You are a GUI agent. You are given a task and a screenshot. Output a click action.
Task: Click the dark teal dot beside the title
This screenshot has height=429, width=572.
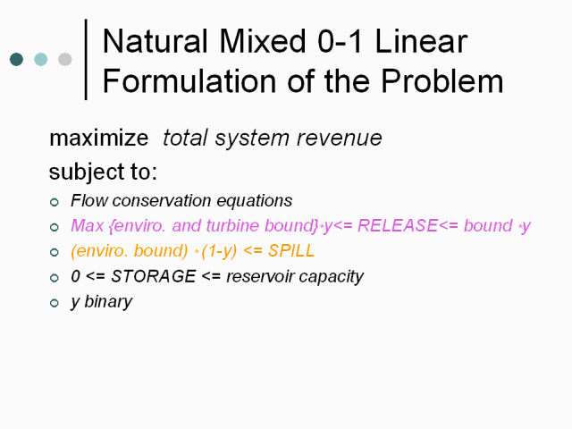(x=16, y=59)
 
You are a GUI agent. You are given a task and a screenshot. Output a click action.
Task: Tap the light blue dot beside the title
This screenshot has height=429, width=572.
(x=41, y=59)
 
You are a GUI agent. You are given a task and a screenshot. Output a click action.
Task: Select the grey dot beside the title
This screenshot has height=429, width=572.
(x=65, y=59)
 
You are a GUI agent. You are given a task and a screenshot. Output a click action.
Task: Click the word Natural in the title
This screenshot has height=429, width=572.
(x=156, y=41)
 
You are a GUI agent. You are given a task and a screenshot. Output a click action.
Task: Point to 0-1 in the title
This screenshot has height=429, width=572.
(x=340, y=41)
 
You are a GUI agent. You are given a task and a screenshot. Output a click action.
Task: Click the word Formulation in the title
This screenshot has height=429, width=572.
(x=189, y=81)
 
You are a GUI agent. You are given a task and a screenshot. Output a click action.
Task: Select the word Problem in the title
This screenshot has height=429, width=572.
(x=442, y=81)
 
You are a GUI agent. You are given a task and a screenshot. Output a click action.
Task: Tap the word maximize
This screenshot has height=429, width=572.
(x=99, y=138)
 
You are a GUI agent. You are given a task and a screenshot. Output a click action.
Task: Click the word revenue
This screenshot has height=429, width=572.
(x=340, y=139)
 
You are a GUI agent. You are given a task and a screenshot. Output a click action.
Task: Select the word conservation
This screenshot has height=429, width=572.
(x=162, y=200)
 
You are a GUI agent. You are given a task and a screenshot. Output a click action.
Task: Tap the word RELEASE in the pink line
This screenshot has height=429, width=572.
(x=397, y=225)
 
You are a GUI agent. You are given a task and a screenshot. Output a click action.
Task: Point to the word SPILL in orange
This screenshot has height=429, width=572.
(x=291, y=250)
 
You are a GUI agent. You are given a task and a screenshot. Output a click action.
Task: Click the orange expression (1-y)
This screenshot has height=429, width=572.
(x=219, y=251)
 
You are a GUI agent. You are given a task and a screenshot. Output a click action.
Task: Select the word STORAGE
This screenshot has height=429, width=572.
(x=154, y=276)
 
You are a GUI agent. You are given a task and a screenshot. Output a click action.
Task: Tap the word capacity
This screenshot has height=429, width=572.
(x=332, y=277)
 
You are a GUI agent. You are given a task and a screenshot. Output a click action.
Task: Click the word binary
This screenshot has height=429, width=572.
(x=108, y=302)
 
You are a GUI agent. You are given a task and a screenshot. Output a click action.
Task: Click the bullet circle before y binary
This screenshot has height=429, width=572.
(x=55, y=302)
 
